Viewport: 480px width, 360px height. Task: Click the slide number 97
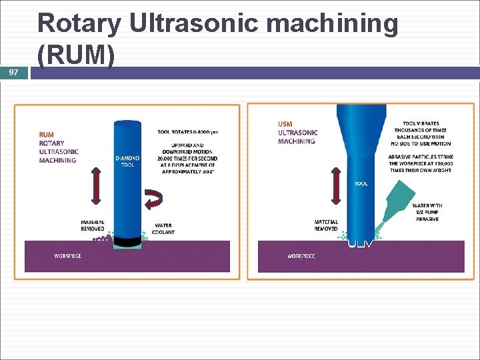(x=14, y=71)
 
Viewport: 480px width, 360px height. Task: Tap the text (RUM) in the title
(x=77, y=56)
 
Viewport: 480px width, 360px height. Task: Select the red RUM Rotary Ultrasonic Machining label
(x=58, y=147)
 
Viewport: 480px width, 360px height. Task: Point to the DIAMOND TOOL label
(x=127, y=161)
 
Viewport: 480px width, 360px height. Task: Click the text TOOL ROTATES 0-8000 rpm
(x=187, y=132)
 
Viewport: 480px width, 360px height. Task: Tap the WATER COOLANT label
(x=164, y=229)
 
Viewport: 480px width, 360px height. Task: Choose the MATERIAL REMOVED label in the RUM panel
(x=93, y=226)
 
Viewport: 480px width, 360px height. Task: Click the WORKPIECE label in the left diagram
(x=68, y=256)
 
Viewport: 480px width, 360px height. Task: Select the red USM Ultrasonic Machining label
(x=297, y=132)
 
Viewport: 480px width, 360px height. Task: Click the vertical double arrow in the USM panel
(x=335, y=186)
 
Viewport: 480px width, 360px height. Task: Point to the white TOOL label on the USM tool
(x=361, y=183)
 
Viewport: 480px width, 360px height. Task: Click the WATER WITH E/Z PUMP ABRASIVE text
(x=426, y=212)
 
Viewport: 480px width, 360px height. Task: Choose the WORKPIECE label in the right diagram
(x=301, y=256)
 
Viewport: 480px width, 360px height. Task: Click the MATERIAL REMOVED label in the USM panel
(x=326, y=226)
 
